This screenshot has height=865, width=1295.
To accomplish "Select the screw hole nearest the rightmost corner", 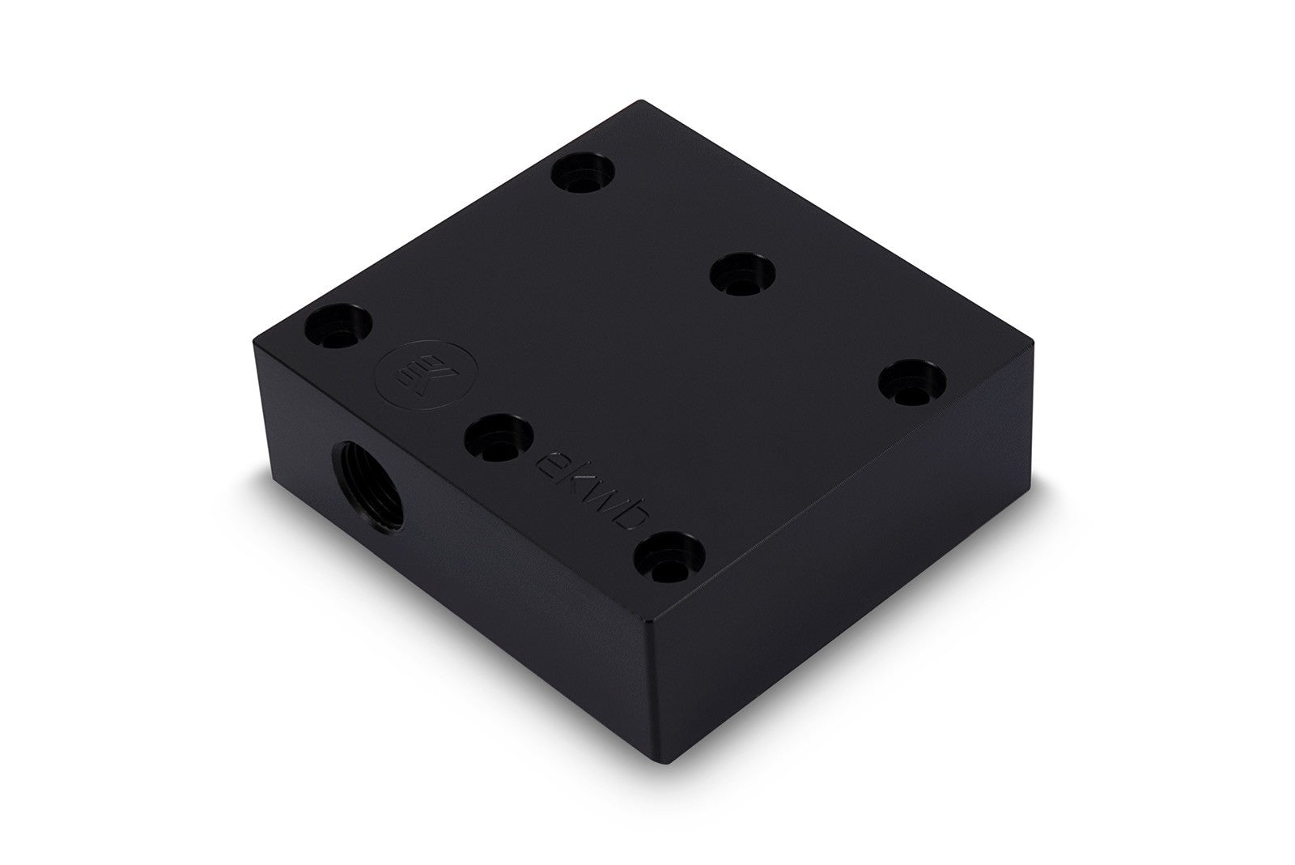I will click(915, 381).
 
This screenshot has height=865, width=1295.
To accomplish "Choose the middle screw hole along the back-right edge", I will click(743, 275).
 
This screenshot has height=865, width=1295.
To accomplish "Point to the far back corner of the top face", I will click(641, 100).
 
